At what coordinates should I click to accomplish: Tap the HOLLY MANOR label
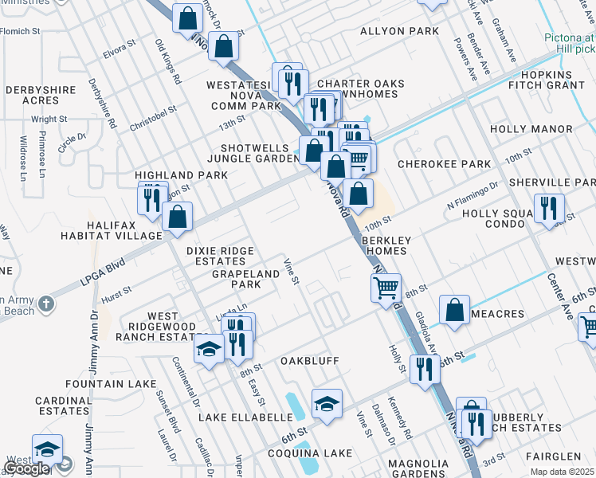[x=531, y=129]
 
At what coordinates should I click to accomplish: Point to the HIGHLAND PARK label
[x=170, y=175]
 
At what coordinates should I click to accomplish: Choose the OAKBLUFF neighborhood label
[x=310, y=361]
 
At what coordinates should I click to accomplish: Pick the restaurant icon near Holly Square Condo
[x=548, y=208]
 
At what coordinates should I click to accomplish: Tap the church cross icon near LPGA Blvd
[x=46, y=304]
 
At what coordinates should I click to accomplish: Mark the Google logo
[x=26, y=469]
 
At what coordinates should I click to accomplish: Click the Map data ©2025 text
[x=562, y=472]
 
